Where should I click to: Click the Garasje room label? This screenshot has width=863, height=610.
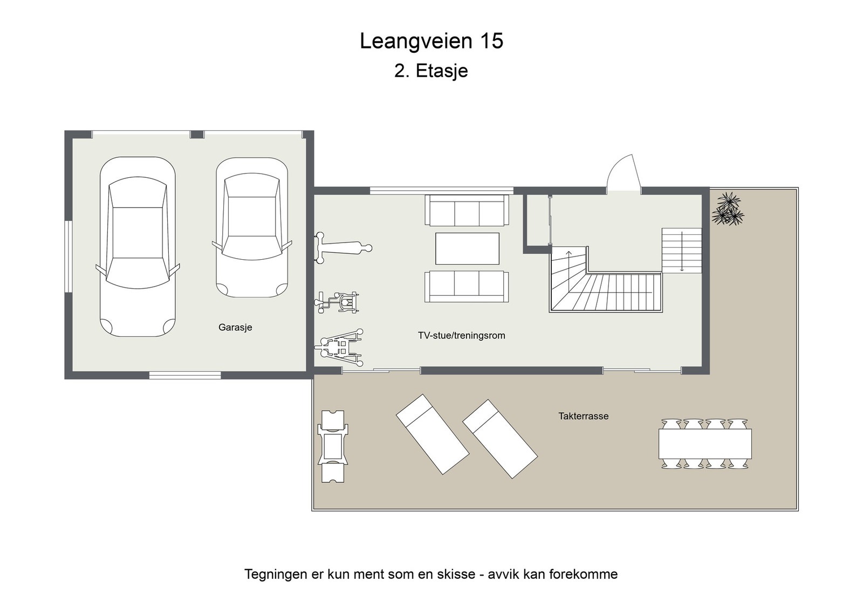click(x=235, y=328)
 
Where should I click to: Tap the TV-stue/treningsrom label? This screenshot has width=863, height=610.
click(x=461, y=336)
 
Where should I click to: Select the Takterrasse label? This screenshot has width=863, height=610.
click(x=583, y=416)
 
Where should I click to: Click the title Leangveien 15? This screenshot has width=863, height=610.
click(x=431, y=41)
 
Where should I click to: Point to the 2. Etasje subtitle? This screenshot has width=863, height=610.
click(x=431, y=71)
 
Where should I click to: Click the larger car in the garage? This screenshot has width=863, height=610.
click(x=138, y=247)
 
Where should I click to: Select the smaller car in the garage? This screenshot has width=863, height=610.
click(x=251, y=227)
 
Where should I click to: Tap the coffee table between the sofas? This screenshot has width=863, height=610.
click(x=467, y=248)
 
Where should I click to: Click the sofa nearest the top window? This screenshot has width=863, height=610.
click(x=467, y=210)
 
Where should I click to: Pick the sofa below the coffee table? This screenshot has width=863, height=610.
click(x=466, y=287)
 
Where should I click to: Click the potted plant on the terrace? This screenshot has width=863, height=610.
click(x=728, y=209)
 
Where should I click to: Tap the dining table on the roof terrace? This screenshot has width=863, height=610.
click(x=705, y=443)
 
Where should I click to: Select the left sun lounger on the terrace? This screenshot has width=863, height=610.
click(x=432, y=434)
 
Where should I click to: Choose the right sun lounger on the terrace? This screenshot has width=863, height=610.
click(x=499, y=439)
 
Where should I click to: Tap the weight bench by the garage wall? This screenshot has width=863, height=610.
click(x=343, y=247)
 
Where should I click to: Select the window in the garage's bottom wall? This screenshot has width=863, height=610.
click(x=185, y=375)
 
